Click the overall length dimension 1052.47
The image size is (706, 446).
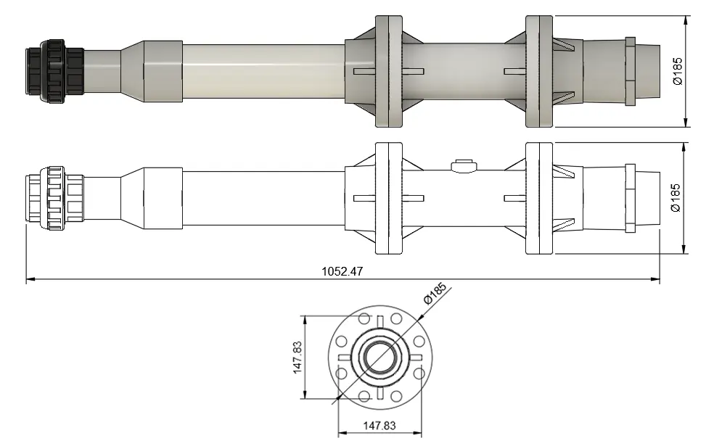click(x=342, y=272)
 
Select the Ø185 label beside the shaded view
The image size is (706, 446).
click(x=677, y=71)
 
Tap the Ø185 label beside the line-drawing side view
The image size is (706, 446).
click(x=676, y=197)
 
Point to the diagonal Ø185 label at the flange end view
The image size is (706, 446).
click(x=433, y=293)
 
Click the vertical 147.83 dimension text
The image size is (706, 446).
click(x=297, y=357)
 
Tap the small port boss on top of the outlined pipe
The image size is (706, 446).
click(x=462, y=166)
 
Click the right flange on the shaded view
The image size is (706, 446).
click(x=538, y=71)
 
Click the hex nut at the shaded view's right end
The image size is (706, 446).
click(x=630, y=71)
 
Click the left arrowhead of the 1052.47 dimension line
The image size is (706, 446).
click(x=30, y=278)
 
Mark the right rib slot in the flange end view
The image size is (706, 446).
click(x=415, y=357)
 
